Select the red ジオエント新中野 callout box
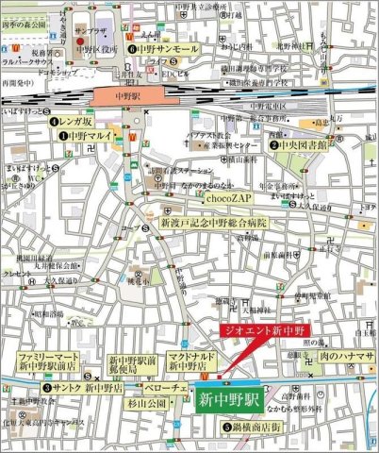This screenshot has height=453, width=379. pyautogui.click(x=266, y=330)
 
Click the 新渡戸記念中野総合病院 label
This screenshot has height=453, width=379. pyautogui.click(x=213, y=224)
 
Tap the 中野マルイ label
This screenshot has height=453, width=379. pyautogui.click(x=83, y=136)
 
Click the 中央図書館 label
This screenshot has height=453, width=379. pyautogui.click(x=303, y=145)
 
